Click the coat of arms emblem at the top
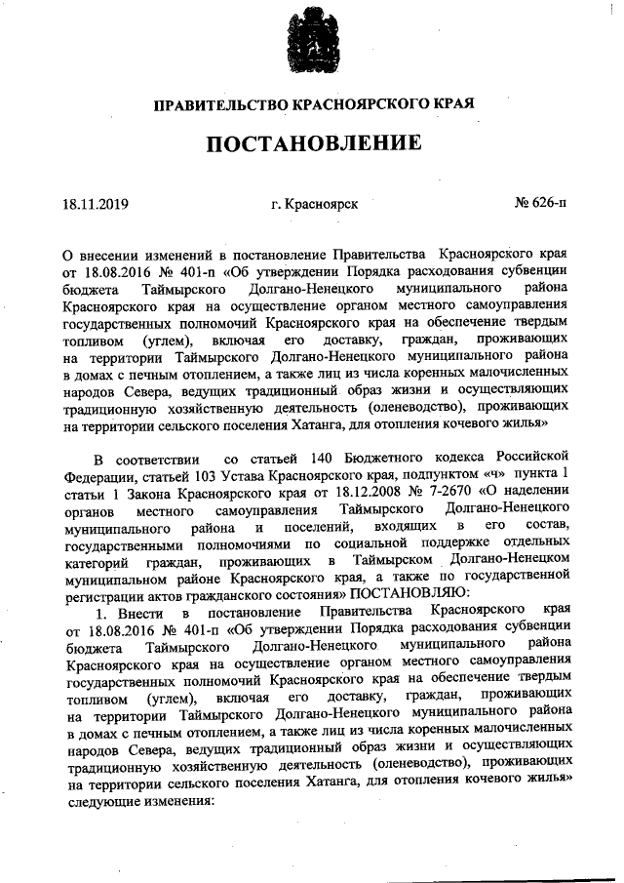(x=311, y=40)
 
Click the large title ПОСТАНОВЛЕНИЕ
(x=313, y=143)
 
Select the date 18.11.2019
(x=96, y=204)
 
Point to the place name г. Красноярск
(x=314, y=204)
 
